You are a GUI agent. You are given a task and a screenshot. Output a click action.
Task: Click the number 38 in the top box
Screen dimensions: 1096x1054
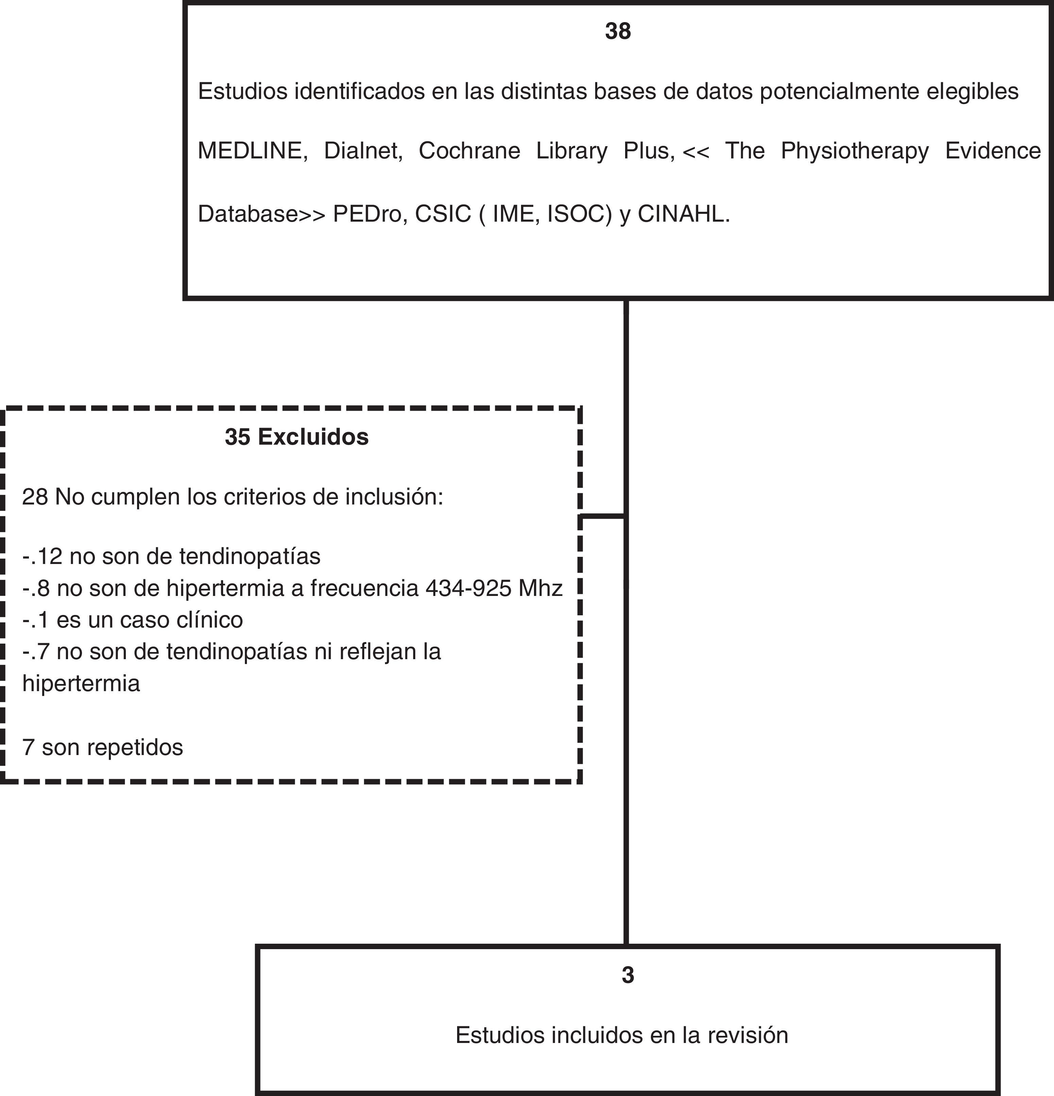pos(618,31)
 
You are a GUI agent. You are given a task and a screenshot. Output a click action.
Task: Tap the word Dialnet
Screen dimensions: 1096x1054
pos(363,151)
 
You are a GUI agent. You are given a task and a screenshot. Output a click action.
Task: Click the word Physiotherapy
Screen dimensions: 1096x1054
pos(854,151)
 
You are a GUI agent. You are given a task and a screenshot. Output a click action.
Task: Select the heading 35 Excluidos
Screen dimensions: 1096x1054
pos(297,437)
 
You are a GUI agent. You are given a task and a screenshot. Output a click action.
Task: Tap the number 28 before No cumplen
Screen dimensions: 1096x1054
pos(35,497)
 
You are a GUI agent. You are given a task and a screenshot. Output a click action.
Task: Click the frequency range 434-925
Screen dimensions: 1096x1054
pos(468,588)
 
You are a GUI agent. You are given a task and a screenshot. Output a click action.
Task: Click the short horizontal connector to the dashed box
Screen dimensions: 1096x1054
pos(603,516)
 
